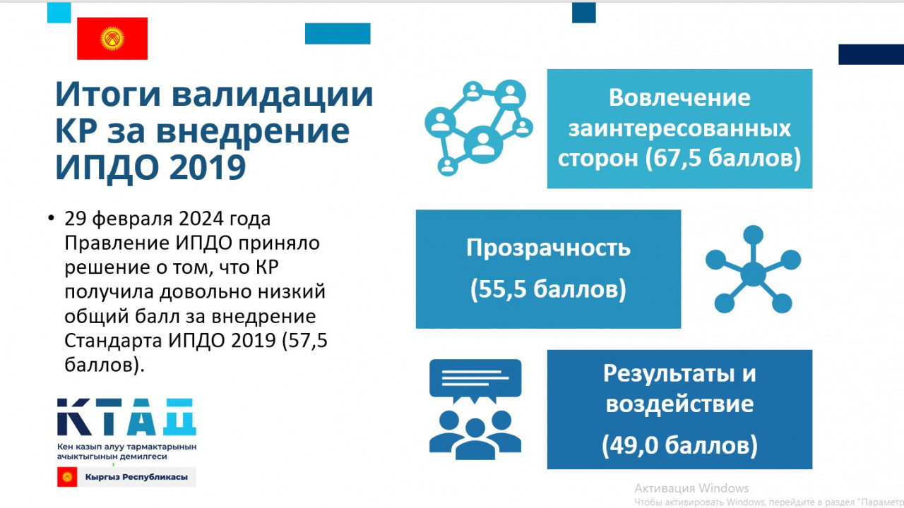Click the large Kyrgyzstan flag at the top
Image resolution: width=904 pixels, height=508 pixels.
112,39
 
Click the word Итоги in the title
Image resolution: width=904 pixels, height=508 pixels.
108,95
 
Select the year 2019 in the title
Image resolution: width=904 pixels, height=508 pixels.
208,167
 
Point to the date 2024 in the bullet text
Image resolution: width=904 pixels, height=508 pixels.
201,219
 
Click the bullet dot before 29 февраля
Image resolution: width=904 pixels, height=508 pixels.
51,218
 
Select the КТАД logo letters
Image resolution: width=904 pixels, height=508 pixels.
126,417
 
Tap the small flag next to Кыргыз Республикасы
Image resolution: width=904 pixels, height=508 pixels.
67,477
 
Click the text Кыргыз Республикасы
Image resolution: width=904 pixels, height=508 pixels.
136,478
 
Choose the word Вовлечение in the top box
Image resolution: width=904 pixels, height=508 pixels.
679,98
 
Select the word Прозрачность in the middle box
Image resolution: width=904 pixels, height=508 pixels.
548,248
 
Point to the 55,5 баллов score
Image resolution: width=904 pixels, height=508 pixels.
548,289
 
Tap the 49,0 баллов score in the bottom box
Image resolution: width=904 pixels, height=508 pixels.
679,445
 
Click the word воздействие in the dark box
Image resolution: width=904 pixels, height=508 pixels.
679,404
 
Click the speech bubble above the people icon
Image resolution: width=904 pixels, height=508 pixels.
475,380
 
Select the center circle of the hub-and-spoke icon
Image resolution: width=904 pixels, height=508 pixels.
753,274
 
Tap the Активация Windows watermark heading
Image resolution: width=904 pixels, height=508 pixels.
691,488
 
